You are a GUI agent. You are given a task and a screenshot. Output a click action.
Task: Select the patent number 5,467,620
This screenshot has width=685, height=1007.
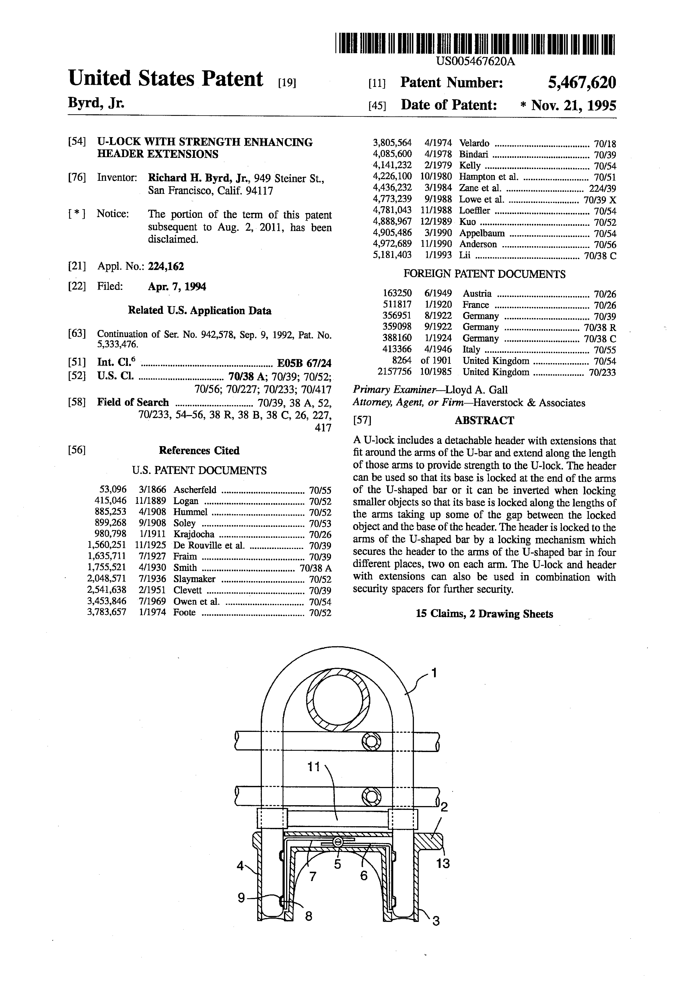[582, 82]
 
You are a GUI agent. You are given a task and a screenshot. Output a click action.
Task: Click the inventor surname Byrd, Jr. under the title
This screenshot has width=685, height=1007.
[96, 103]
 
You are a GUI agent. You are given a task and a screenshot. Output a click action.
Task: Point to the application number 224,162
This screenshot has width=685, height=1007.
[166, 266]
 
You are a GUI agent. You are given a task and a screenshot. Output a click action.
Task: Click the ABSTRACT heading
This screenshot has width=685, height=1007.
[484, 420]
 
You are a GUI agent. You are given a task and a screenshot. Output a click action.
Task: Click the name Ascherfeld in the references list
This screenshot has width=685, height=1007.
[195, 490]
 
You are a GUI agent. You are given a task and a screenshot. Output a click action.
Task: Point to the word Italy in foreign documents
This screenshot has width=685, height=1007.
[471, 349]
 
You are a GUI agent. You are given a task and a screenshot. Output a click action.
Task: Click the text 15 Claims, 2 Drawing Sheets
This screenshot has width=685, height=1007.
[484, 614]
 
